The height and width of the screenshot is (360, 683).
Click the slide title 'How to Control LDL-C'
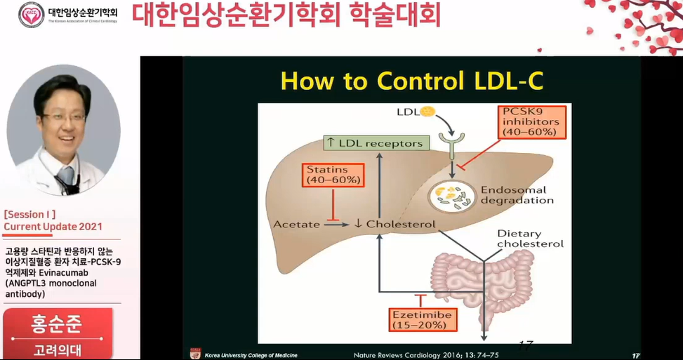(411, 81)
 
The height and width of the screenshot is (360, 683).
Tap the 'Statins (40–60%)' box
(333, 175)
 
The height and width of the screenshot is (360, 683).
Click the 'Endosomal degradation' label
(517, 195)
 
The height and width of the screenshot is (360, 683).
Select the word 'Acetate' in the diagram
(296, 225)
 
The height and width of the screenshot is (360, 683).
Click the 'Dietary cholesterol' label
(530, 239)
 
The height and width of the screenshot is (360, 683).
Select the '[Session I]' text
(29, 214)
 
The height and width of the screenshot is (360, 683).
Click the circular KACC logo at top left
(31, 15)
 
